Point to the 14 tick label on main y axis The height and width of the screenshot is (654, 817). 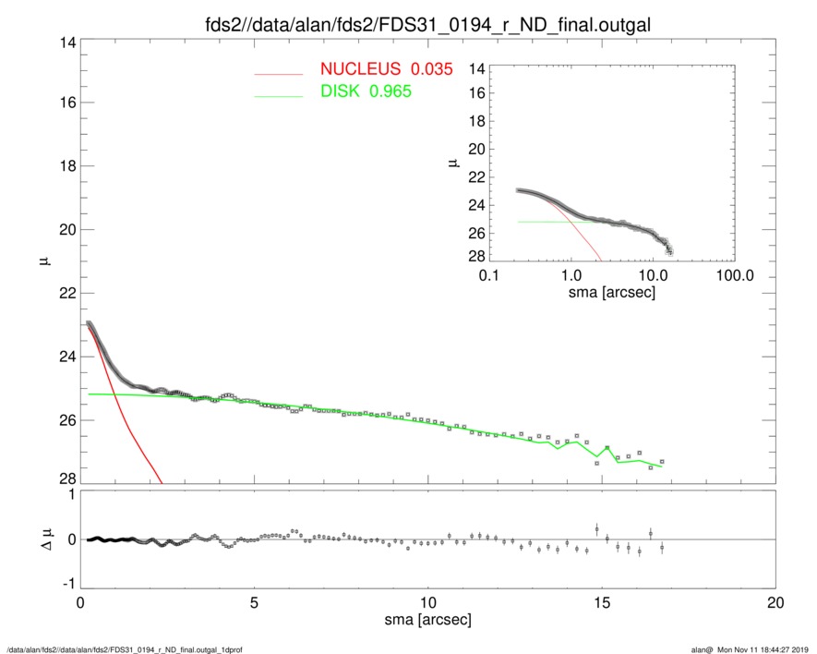click(x=66, y=42)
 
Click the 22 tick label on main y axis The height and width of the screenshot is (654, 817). click(x=66, y=293)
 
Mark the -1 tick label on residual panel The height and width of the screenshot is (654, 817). click(x=66, y=584)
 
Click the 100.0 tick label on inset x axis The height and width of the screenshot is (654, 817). click(x=735, y=275)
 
